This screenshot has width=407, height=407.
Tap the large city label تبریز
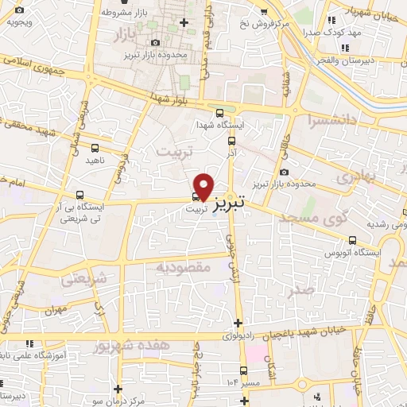pos(242,194)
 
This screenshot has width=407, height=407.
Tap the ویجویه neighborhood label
pos(18,22)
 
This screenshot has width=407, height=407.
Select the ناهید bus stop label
pos(95,160)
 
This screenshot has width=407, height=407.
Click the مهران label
pos(76,308)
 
